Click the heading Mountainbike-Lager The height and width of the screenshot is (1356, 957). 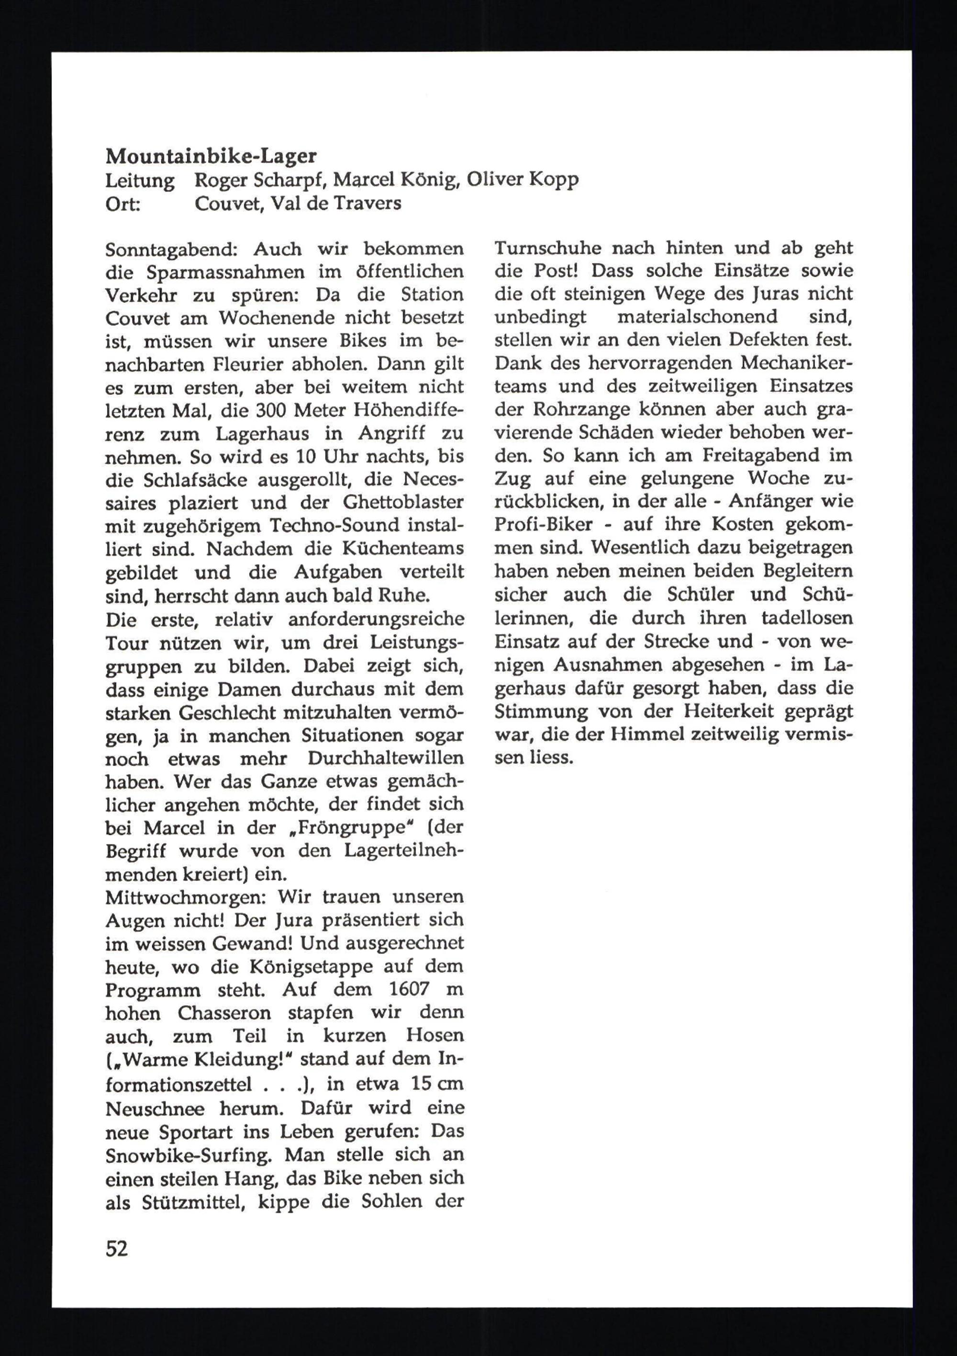coord(211,157)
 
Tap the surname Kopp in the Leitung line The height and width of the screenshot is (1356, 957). coord(551,180)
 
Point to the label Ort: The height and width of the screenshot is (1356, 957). coord(123,204)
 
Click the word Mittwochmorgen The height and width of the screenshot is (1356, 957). coord(183,898)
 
